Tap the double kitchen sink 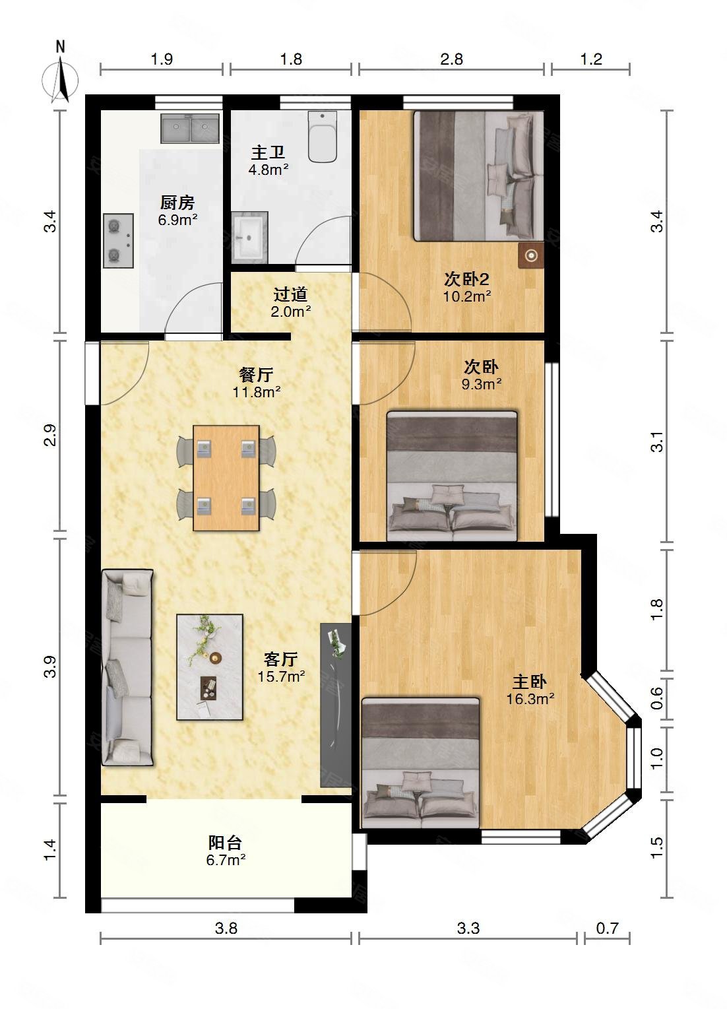(190, 128)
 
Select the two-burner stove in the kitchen (118, 240)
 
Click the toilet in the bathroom (323, 137)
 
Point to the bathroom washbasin (250, 237)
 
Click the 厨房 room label (177, 203)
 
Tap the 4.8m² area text (268, 170)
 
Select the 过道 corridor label (290, 294)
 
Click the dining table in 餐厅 (226, 478)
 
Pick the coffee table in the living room (210, 667)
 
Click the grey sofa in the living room (127, 667)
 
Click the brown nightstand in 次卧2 (531, 255)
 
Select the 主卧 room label (530, 682)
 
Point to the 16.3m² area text (530, 699)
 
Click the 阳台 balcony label (226, 843)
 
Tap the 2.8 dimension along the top (451, 59)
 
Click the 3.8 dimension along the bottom (226, 928)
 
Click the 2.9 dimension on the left (49, 436)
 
